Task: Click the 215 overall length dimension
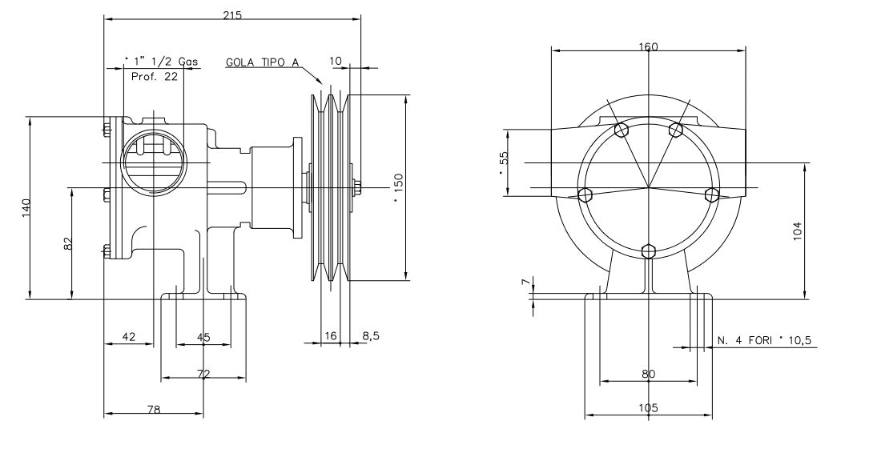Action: coord(233,15)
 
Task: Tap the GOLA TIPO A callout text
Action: coord(262,62)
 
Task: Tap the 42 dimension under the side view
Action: coord(128,337)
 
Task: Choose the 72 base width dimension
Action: coord(203,374)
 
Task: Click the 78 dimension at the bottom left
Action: coord(154,409)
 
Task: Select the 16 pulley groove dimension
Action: coord(329,337)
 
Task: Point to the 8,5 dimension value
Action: coord(371,337)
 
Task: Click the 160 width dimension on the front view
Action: coord(648,46)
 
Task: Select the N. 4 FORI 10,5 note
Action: coord(764,340)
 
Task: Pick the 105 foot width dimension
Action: coord(648,408)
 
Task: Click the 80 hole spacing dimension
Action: coord(648,374)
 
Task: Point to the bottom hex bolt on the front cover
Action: coord(649,251)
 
